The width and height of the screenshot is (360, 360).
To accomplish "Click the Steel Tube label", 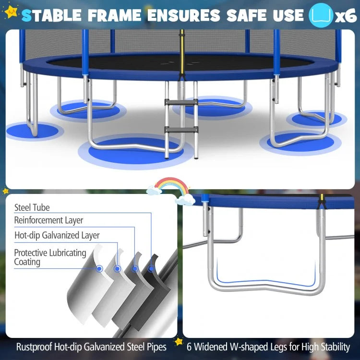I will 32,208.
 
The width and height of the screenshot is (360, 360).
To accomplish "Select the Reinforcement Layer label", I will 48,220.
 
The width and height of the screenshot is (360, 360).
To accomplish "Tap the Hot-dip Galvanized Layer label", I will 57,235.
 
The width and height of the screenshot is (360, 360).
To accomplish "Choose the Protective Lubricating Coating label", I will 50,257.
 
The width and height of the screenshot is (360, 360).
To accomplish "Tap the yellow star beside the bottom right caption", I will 179,342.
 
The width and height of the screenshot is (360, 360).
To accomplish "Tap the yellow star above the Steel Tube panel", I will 6,191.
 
